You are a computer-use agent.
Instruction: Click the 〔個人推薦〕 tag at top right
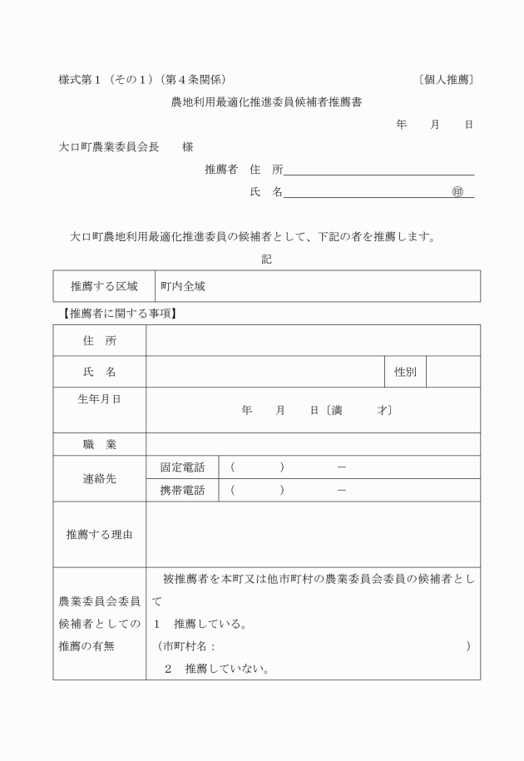point(446,80)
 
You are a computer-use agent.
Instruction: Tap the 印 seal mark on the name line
point(457,192)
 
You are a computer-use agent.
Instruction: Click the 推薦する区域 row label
point(104,286)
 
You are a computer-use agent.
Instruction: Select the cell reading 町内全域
point(183,286)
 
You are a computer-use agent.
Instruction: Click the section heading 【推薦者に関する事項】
point(118,314)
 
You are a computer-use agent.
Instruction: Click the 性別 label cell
point(405,372)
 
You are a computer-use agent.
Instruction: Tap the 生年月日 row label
point(99,399)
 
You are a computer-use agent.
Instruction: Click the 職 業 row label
point(99,444)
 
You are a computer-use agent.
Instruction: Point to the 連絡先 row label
point(99,479)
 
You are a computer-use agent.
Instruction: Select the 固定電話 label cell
point(182,467)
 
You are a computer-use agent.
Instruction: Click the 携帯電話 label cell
point(182,490)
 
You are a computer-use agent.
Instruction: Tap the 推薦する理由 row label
point(99,534)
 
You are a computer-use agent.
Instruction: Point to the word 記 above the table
point(266,259)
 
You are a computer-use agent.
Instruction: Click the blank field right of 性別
point(452,372)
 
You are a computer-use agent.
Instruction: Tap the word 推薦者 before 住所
point(221,170)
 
